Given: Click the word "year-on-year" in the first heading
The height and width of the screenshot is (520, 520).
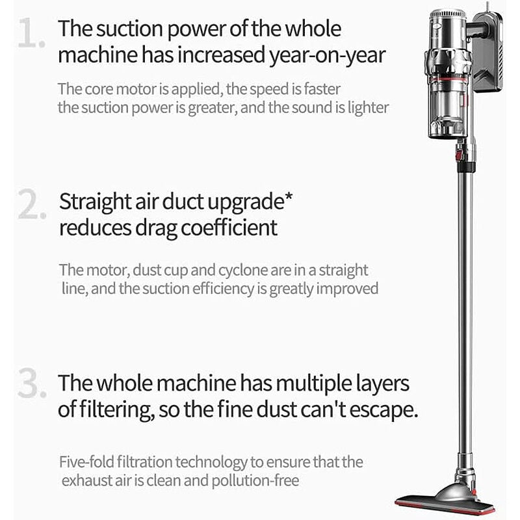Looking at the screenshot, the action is [x=327, y=56].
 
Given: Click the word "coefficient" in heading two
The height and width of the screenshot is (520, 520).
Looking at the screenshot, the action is [x=229, y=227].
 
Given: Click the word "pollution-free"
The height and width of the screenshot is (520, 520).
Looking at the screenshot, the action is [x=255, y=480].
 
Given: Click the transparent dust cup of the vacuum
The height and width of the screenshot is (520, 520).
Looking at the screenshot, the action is [x=448, y=109].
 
